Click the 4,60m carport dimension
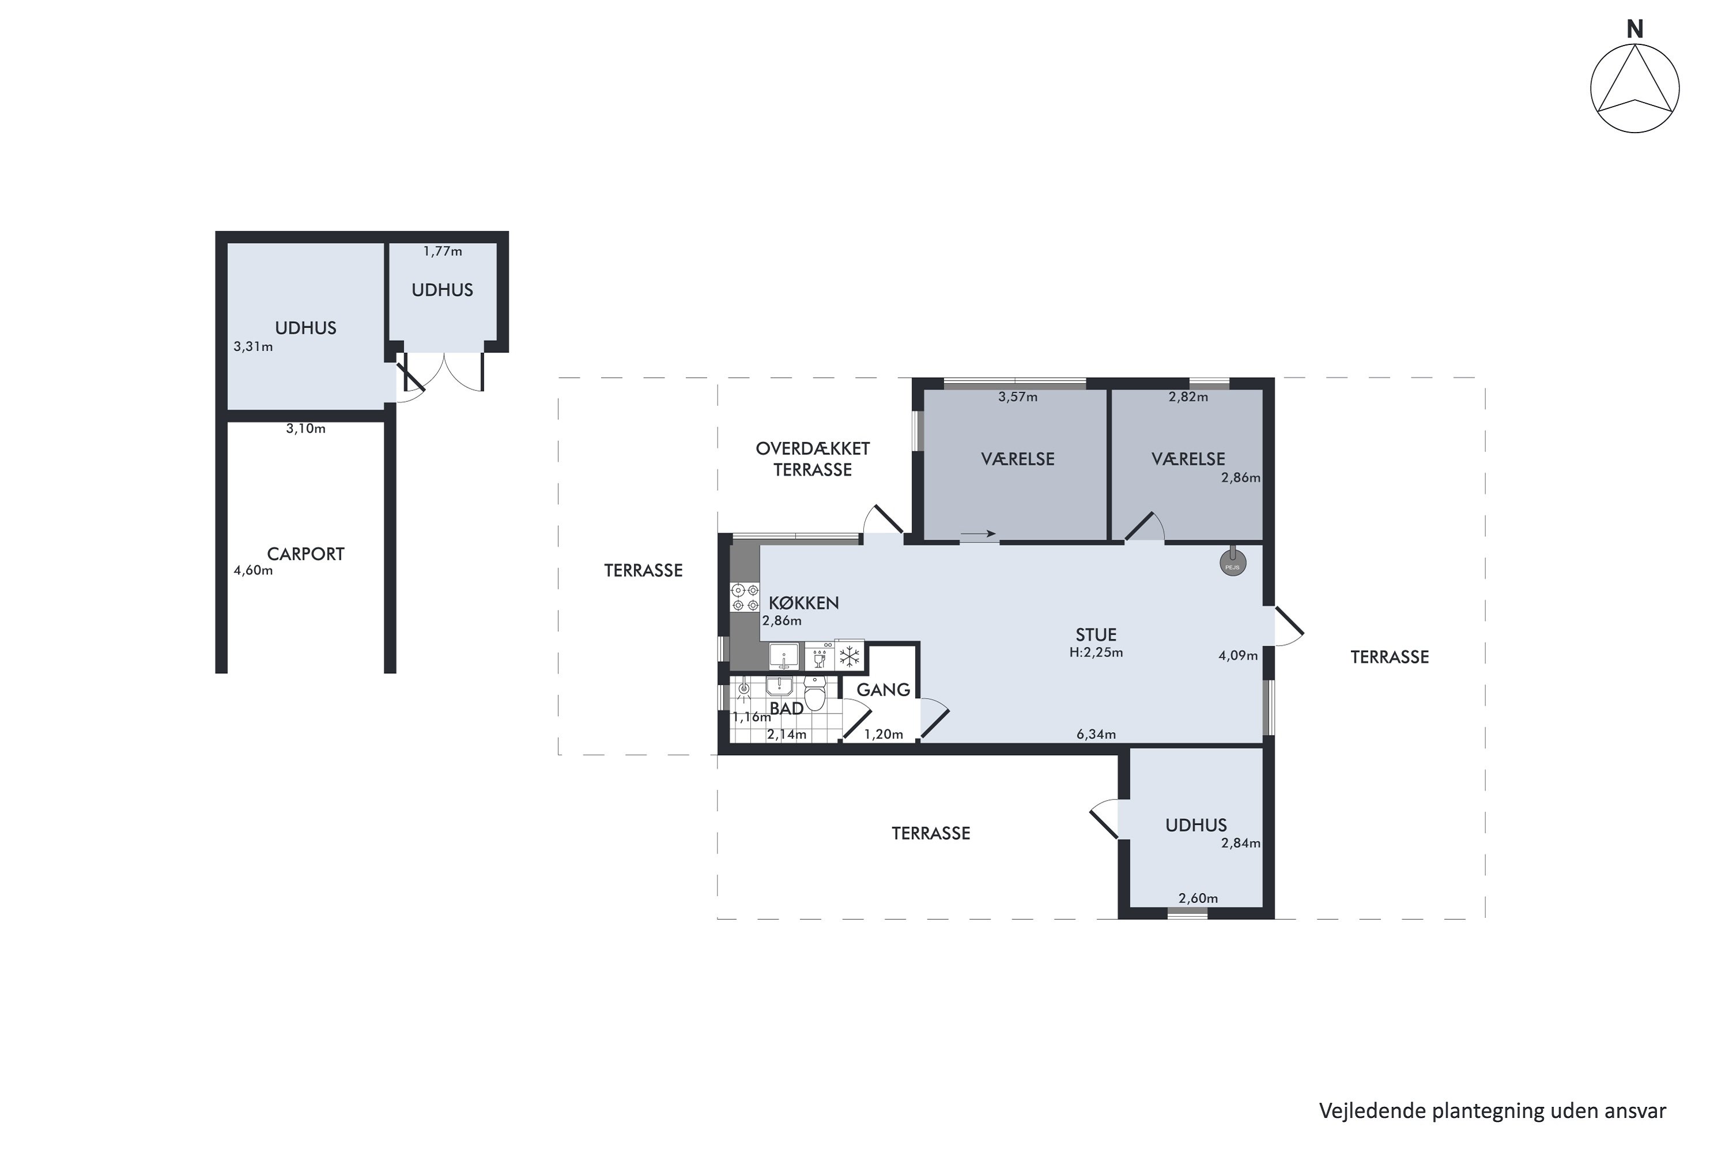tap(253, 571)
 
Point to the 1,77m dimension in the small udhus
tap(443, 251)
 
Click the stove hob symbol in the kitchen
tap(745, 597)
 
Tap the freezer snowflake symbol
tap(850, 657)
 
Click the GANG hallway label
tap(883, 689)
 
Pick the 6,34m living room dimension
tap(1096, 734)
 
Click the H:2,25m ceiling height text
tap(1096, 652)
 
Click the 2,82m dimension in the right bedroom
tap(1188, 397)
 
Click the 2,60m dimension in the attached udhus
tap(1198, 898)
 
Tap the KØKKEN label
tap(803, 603)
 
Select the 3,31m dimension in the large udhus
tap(253, 346)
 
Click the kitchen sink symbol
tap(784, 655)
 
